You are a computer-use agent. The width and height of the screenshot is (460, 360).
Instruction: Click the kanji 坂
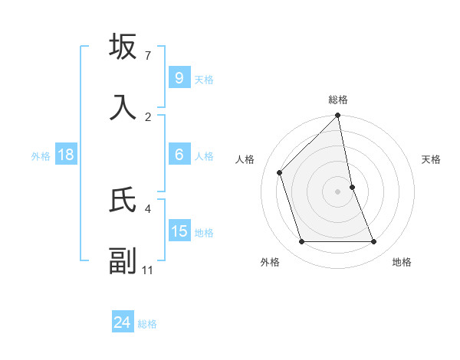coord(123,47)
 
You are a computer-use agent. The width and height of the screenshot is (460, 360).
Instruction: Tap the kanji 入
coord(123,106)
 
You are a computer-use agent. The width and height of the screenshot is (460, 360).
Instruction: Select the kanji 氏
coord(123,200)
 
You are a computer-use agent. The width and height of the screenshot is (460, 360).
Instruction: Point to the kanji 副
coord(123,260)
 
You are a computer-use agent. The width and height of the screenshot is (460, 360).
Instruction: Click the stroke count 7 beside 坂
coord(148,56)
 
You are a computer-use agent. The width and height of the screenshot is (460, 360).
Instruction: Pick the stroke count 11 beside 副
coord(148,270)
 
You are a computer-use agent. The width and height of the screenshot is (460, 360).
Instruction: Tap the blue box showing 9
coord(179,77)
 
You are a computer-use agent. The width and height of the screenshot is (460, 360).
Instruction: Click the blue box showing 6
coord(179,155)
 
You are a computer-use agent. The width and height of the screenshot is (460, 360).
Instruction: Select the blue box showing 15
coord(179,231)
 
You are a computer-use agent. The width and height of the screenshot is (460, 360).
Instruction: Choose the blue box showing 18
coord(66,155)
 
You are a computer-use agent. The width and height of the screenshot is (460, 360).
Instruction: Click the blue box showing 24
coord(123,322)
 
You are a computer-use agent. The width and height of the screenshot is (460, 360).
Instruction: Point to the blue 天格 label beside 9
coord(204,80)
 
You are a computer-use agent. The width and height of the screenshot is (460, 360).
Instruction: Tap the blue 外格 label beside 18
coord(41,156)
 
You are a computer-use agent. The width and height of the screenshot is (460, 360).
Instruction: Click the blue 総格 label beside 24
coord(147,324)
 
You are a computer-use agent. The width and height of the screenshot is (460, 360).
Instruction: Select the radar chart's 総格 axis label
coord(338,100)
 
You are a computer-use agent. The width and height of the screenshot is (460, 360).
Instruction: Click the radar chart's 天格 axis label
coord(432,159)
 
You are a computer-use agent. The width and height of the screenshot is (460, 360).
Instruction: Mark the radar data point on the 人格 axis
coord(280,172)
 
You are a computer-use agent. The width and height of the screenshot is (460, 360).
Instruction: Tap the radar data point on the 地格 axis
coord(374,242)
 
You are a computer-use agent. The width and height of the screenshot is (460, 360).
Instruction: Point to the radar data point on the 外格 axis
coord(301,242)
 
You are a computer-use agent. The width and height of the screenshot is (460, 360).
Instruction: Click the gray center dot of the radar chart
coord(338,191)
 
